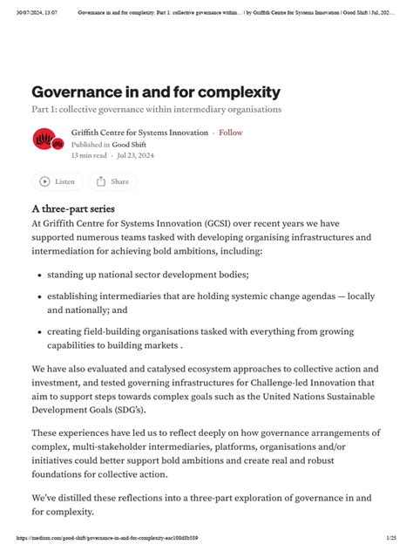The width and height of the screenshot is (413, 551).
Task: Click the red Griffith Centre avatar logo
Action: click(44, 139)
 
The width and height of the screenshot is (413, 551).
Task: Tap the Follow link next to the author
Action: click(231, 133)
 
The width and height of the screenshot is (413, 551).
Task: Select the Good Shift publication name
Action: click(128, 144)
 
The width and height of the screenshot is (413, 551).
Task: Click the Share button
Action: click(112, 181)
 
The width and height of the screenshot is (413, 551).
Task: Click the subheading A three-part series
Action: click(73, 209)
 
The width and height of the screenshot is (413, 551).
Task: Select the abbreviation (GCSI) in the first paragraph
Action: click(228, 222)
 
